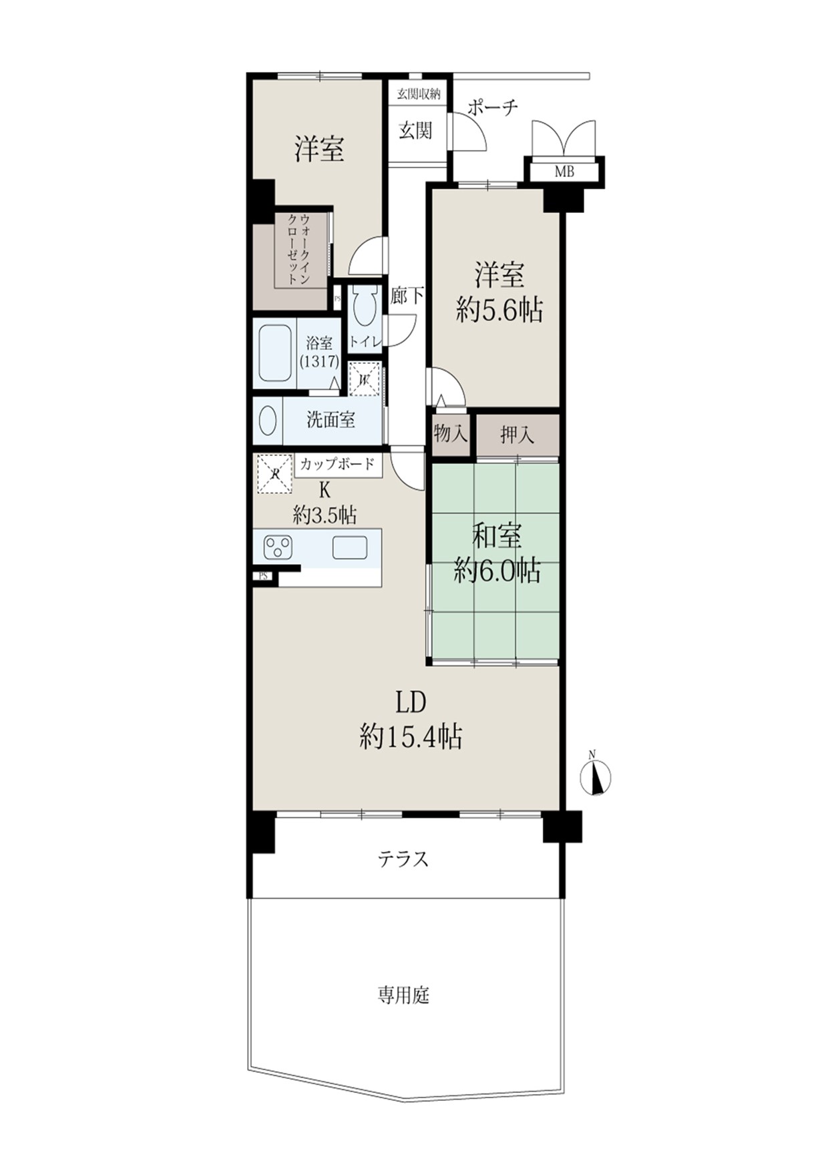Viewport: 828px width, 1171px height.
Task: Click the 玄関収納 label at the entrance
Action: [419, 93]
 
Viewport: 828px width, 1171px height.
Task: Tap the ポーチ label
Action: [492, 107]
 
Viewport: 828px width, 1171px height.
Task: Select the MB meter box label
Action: [564, 172]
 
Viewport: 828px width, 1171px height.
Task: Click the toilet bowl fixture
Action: [364, 307]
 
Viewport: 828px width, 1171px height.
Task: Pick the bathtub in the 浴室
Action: [274, 353]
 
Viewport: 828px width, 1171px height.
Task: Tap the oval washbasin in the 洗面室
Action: [268, 421]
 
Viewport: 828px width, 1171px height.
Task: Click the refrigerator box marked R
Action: [275, 473]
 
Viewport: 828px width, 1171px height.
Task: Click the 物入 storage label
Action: [451, 435]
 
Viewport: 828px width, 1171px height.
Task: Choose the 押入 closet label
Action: [517, 435]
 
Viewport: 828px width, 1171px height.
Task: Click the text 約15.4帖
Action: [411, 737]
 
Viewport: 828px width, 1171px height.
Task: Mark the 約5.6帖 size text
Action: [499, 310]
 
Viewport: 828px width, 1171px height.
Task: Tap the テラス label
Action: [403, 859]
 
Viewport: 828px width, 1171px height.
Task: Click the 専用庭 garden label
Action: [403, 996]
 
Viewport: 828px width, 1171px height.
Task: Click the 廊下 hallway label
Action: [407, 296]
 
